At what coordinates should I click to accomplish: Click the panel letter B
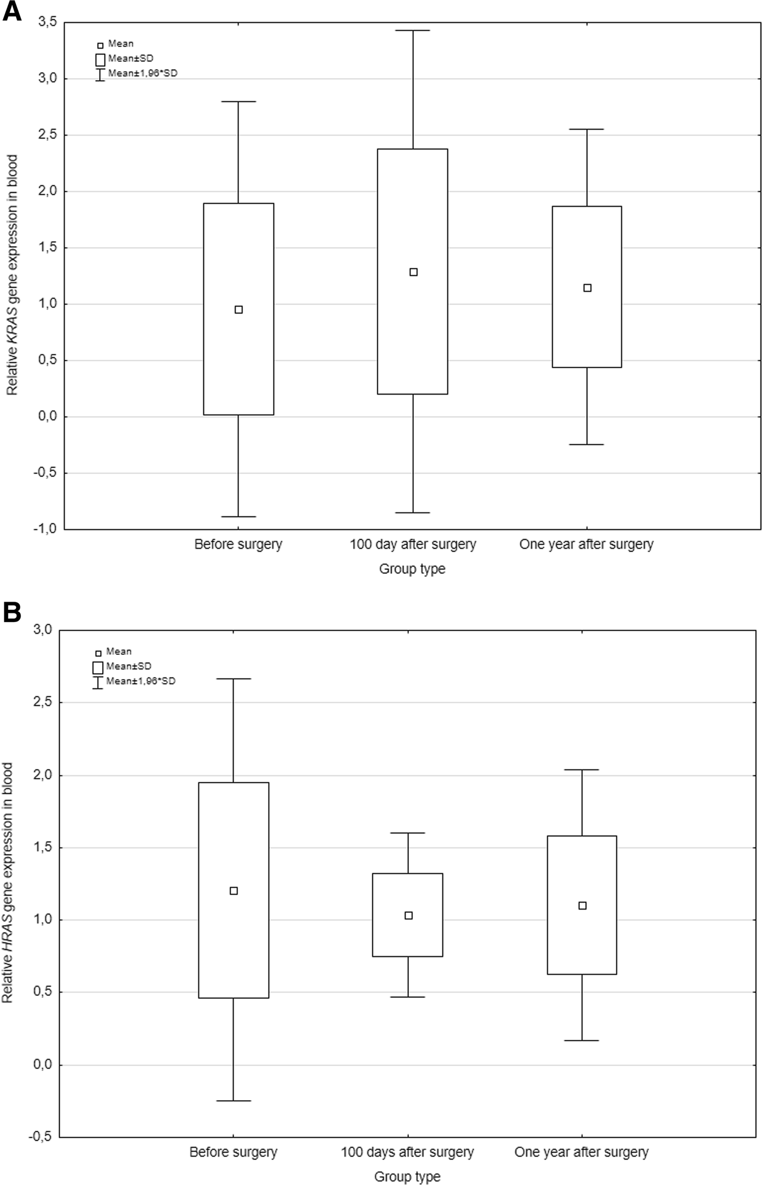tap(11, 612)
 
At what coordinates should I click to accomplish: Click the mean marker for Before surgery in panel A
tap(239, 310)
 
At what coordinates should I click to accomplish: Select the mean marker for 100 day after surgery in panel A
tap(413, 272)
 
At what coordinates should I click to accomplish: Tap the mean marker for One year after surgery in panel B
tap(582, 906)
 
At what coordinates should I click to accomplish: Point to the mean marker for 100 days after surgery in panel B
tap(408, 916)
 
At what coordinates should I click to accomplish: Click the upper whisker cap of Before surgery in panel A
tap(239, 101)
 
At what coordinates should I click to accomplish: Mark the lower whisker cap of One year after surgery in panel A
tap(587, 445)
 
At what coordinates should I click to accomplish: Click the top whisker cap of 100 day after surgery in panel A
tap(413, 31)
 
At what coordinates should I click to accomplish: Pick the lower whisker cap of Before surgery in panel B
tap(233, 1101)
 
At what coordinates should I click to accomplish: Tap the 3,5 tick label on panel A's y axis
tap(47, 22)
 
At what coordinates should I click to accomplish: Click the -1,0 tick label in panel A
tap(45, 529)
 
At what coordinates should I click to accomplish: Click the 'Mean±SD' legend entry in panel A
tap(130, 58)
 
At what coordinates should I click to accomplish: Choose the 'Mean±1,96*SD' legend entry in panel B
tap(140, 681)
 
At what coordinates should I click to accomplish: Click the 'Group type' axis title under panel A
tap(412, 569)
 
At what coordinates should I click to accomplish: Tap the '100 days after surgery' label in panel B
tap(407, 1152)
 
